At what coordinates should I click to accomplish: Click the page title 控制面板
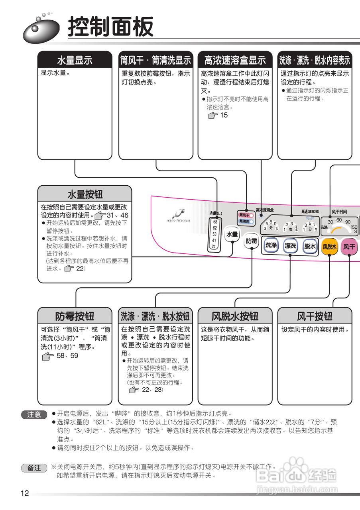(x=110, y=27)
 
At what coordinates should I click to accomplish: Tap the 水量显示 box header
(x=75, y=60)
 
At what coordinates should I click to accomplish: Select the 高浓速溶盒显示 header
(x=235, y=60)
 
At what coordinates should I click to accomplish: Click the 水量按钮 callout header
(x=85, y=194)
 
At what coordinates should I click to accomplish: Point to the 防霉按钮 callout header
(x=75, y=316)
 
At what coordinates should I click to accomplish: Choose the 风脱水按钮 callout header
(x=235, y=316)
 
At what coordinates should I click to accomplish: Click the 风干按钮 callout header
(x=315, y=316)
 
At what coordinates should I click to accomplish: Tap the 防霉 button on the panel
(x=252, y=241)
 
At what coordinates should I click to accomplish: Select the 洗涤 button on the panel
(x=271, y=245)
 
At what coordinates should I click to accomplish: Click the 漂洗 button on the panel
(x=291, y=246)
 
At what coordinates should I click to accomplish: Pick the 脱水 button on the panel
(x=310, y=246)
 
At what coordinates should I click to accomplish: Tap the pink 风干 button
(x=349, y=247)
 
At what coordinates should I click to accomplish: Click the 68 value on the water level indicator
(x=215, y=222)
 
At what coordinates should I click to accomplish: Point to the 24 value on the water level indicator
(x=214, y=247)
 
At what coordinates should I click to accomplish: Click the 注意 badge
(x=34, y=415)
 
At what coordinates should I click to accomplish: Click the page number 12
(x=25, y=494)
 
